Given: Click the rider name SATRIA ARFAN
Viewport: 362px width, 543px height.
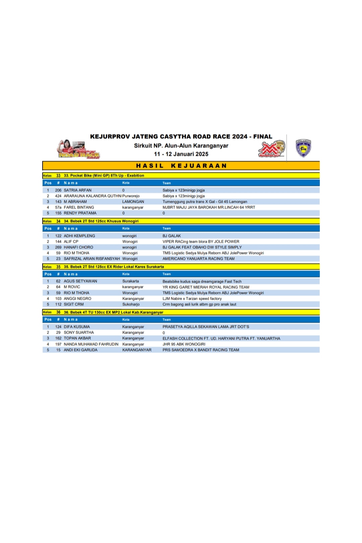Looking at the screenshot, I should point(77,190).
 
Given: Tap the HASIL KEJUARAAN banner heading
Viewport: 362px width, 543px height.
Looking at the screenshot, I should point(181,166).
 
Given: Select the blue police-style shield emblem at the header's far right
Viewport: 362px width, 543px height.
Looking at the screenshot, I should point(303,148).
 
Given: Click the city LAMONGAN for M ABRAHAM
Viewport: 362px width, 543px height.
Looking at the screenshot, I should point(133,202).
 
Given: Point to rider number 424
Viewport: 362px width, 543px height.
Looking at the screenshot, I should point(58,196).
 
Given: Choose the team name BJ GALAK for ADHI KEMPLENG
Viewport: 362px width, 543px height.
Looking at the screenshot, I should point(172,236).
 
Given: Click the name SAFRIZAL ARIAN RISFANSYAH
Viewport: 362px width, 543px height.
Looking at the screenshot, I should point(92,259).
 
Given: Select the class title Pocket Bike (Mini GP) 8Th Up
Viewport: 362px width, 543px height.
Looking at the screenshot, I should point(104,175).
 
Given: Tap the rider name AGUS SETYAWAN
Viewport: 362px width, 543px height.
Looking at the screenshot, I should point(80,281).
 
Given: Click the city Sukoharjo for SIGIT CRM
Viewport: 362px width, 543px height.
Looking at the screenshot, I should point(131,304).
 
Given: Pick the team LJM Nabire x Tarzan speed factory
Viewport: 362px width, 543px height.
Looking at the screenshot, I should point(192,298).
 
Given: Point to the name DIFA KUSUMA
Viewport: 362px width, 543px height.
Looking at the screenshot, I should point(77,327).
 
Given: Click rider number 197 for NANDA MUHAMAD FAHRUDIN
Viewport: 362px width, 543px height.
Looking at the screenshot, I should point(58,344).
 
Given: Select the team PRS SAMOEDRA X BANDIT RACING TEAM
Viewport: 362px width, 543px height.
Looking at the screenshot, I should point(201,350).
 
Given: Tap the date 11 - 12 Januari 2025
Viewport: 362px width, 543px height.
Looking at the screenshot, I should point(181,154).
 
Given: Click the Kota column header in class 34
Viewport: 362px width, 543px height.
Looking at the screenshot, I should point(126,228).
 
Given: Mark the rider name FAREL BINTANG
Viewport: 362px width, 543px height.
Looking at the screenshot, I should point(79,207).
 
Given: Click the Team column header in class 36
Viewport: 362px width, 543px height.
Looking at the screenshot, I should point(167,320).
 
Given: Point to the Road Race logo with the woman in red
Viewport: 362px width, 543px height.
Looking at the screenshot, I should point(78,149).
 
